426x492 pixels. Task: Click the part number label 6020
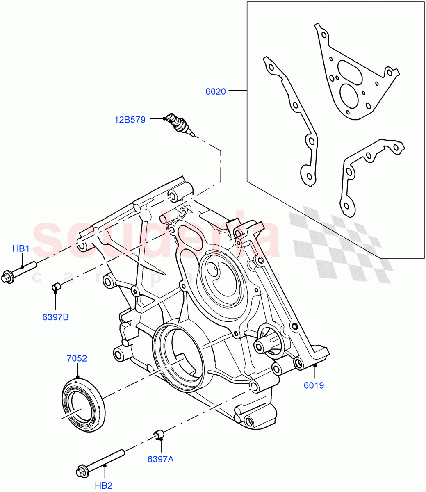pos(216,91)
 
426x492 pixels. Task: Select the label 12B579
pos(130,120)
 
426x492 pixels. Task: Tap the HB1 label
pos(21,248)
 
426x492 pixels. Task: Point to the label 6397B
pos(55,317)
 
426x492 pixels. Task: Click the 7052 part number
pos(77,358)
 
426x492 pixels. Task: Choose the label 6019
pos(314,385)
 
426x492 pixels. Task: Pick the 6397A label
pos(160,459)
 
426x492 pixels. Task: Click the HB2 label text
pos(103,485)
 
